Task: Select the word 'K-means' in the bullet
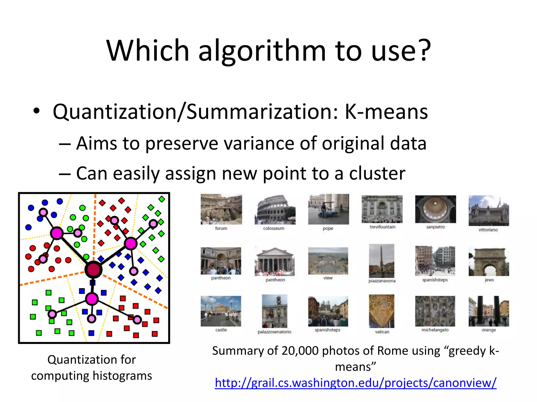point(386,112)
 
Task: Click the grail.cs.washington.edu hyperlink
point(356,383)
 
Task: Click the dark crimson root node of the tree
point(93,270)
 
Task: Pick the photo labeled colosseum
point(275,209)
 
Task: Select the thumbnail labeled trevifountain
point(382,209)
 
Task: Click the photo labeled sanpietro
point(435,209)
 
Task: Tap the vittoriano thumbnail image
point(488,210)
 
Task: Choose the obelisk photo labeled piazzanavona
point(382,261)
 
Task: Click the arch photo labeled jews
point(489,261)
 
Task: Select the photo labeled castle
point(221,311)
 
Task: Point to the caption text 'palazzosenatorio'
point(274,332)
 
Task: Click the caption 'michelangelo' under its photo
point(435,330)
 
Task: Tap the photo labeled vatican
point(382,311)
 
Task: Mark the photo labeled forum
point(221,209)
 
